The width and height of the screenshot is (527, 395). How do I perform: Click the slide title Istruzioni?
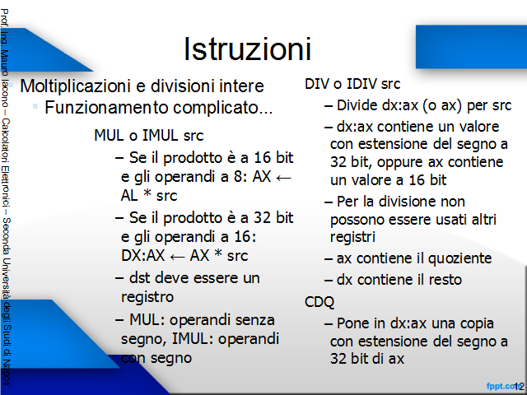[x=247, y=49]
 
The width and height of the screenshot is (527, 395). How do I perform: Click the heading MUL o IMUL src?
[x=149, y=135]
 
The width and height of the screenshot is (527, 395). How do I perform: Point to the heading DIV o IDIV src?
[x=352, y=84]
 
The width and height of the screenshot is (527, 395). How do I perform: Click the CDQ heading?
[x=319, y=302]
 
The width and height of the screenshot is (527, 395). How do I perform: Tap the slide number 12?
[x=519, y=387]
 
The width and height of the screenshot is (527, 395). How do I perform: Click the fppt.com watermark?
[x=501, y=386]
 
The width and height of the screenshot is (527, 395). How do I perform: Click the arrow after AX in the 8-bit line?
[x=283, y=178]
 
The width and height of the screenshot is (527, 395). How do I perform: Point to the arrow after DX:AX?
[x=177, y=257]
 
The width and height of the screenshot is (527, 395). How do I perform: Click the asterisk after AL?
[x=147, y=193]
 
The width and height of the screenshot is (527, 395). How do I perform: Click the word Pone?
[x=353, y=323]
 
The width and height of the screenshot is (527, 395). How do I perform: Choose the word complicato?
[x=222, y=108]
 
